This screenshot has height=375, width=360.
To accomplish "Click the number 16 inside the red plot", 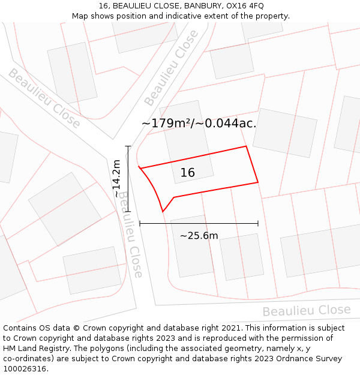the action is click(x=188, y=173).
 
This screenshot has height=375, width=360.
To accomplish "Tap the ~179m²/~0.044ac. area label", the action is click(x=199, y=124).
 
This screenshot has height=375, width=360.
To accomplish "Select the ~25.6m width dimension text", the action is click(x=199, y=236).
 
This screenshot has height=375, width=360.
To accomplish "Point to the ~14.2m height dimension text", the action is click(x=116, y=179).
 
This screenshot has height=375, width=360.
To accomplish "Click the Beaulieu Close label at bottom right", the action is click(x=306, y=311).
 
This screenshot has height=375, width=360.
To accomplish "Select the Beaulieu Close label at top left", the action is click(x=44, y=98).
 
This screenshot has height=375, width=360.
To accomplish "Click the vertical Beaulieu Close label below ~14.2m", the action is click(x=130, y=234).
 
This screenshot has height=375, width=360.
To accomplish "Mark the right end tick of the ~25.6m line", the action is click(x=258, y=223).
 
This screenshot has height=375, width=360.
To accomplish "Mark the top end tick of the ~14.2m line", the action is click(x=128, y=146).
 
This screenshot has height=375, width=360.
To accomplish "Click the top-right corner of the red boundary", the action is click(x=246, y=146).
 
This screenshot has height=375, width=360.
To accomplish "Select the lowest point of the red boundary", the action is click(x=163, y=211).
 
